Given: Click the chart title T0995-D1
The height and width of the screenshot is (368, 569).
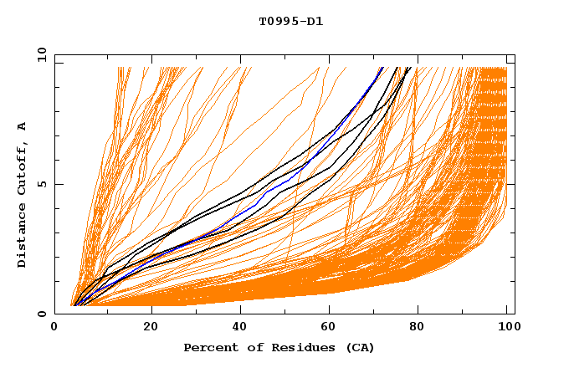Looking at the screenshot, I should coord(291,21).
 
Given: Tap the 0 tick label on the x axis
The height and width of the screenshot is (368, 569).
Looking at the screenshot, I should coord(54,328).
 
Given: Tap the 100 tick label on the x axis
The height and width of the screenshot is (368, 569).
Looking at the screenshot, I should coord(506,328).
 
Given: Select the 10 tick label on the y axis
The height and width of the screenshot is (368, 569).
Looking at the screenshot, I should coord(39,54).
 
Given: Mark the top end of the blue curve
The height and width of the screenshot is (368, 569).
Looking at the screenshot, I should coord(382,68).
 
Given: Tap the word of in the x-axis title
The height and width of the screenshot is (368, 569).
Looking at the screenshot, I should coord(248,347).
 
